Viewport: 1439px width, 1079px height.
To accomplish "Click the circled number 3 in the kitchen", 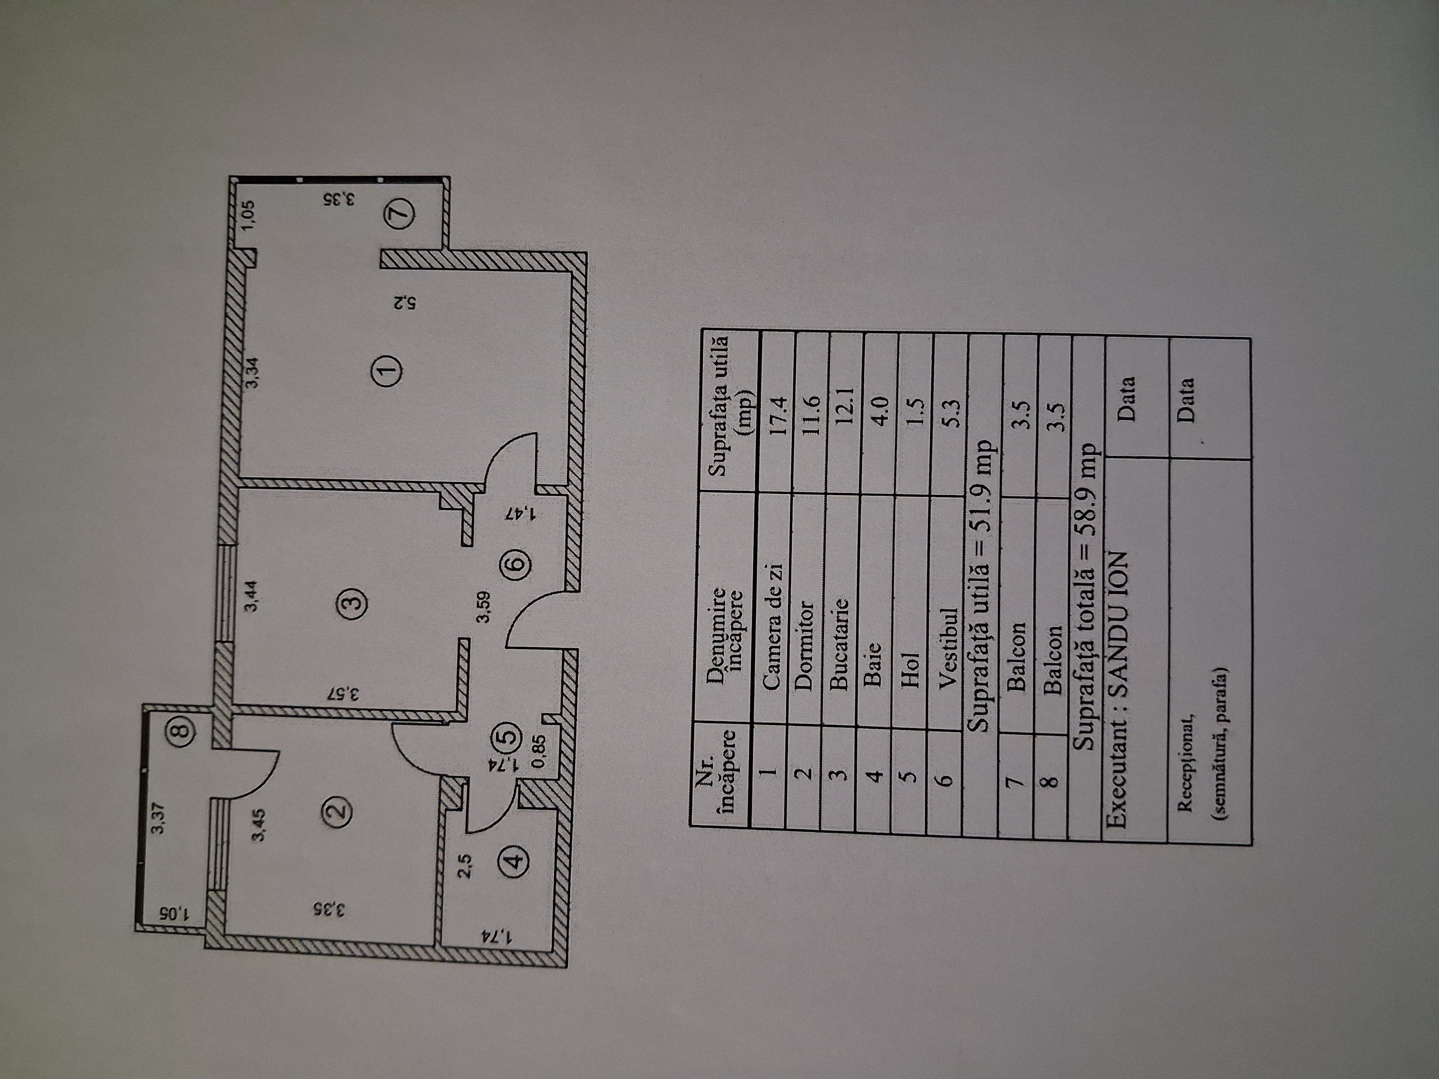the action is tap(354, 602).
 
